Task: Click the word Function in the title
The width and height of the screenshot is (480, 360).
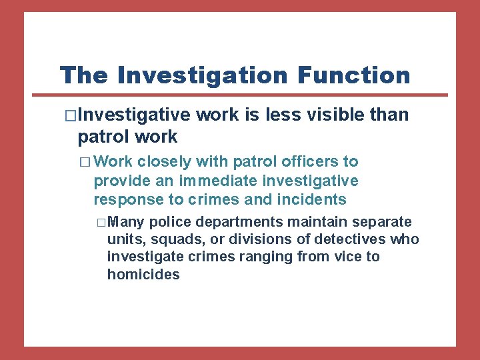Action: pos(354,75)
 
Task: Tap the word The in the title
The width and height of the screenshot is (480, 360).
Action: pos(83,75)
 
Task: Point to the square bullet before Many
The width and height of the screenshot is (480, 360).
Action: pos(101,222)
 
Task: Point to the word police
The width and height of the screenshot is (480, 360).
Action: pos(171,221)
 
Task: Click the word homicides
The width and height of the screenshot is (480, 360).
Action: pos(143,274)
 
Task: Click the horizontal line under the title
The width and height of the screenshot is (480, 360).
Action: pos(253,94)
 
